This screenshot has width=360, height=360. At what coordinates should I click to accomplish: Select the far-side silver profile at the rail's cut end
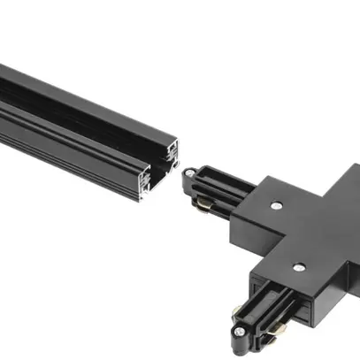coord(172,152)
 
